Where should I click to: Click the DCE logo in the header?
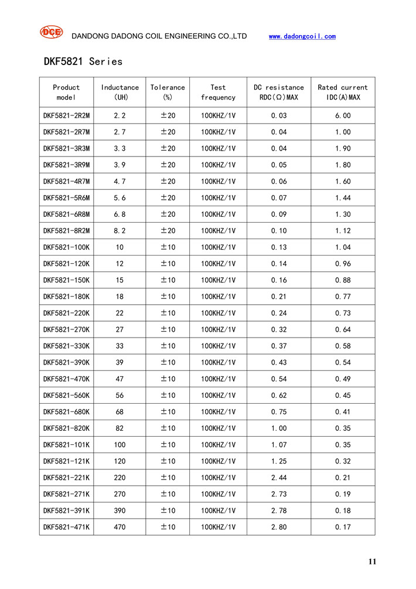[51, 33]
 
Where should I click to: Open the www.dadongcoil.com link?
[302, 36]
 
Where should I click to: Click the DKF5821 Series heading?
[83, 62]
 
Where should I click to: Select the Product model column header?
[66, 92]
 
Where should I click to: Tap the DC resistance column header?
[278, 92]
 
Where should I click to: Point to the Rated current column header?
[343, 92]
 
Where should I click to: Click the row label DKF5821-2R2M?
[66, 116]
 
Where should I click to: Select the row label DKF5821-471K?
[66, 527]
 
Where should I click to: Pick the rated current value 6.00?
[343, 116]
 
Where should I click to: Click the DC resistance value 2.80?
[278, 527]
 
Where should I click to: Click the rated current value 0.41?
[343, 411]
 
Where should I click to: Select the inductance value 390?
[120, 510]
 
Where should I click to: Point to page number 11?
[372, 561]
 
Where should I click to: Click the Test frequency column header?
[218, 92]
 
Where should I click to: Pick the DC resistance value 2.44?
[278, 478]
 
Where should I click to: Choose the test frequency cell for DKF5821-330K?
[218, 346]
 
